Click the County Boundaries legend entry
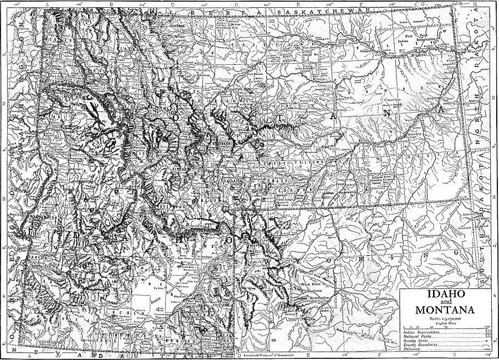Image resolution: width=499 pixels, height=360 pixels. pyautogui.click(x=419, y=345)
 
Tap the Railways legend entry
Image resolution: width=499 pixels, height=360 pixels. pyautogui.click(x=411, y=349)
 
